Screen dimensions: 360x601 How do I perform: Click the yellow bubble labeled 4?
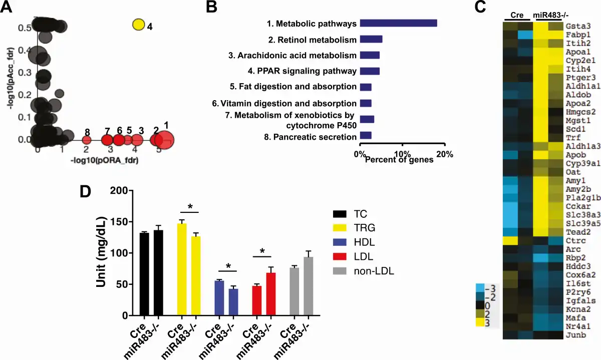(139, 24)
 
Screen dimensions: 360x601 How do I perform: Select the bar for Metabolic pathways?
(399, 23)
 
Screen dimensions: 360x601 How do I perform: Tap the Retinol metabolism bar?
(371, 39)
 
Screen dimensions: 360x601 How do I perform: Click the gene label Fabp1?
(577, 35)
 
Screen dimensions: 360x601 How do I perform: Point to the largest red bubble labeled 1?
(166, 140)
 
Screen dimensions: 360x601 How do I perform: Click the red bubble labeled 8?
(87, 140)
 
